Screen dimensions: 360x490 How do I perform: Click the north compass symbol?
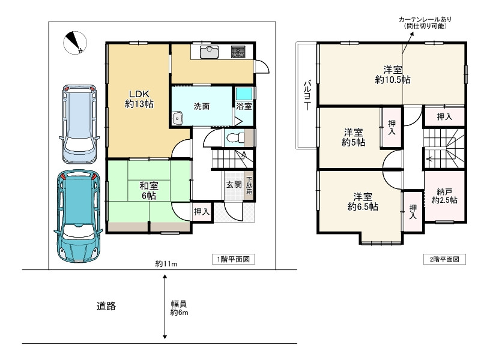[75, 41]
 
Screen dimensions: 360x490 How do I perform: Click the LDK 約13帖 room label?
[139, 98]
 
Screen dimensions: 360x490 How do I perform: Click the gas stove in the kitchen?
[239, 52]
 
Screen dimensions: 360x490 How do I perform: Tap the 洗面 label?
[201, 106]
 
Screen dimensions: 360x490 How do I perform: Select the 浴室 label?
[243, 107]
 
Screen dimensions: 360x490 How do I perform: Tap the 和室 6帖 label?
[149, 191]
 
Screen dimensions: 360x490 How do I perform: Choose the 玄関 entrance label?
[233, 185]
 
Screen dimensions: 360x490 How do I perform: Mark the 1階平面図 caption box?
[234, 259]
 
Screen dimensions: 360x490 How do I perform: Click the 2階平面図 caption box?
[444, 259]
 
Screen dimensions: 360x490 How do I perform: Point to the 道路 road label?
[106, 306]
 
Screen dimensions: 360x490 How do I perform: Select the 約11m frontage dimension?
[166, 264]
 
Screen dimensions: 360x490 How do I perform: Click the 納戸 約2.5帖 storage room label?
[444, 196]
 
